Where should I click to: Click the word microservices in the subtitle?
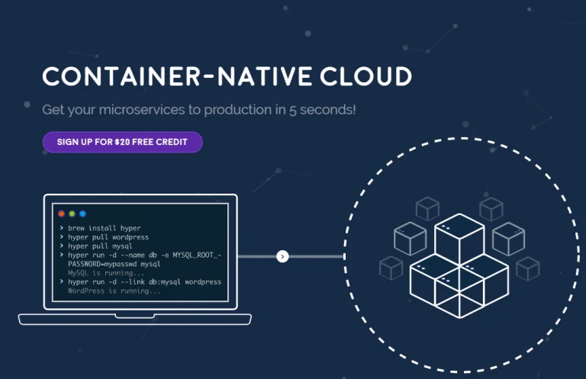click(x=137, y=109)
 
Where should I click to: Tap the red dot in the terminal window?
click(x=62, y=214)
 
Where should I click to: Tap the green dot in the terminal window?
click(x=72, y=214)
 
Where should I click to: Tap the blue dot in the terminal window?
click(x=83, y=214)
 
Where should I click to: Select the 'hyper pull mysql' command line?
click(x=100, y=246)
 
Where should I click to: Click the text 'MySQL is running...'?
click(x=106, y=273)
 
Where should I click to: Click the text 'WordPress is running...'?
click(x=114, y=291)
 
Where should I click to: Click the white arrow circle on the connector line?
click(x=282, y=256)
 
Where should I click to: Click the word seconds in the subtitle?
click(x=328, y=109)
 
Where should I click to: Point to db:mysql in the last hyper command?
click(x=161, y=282)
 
